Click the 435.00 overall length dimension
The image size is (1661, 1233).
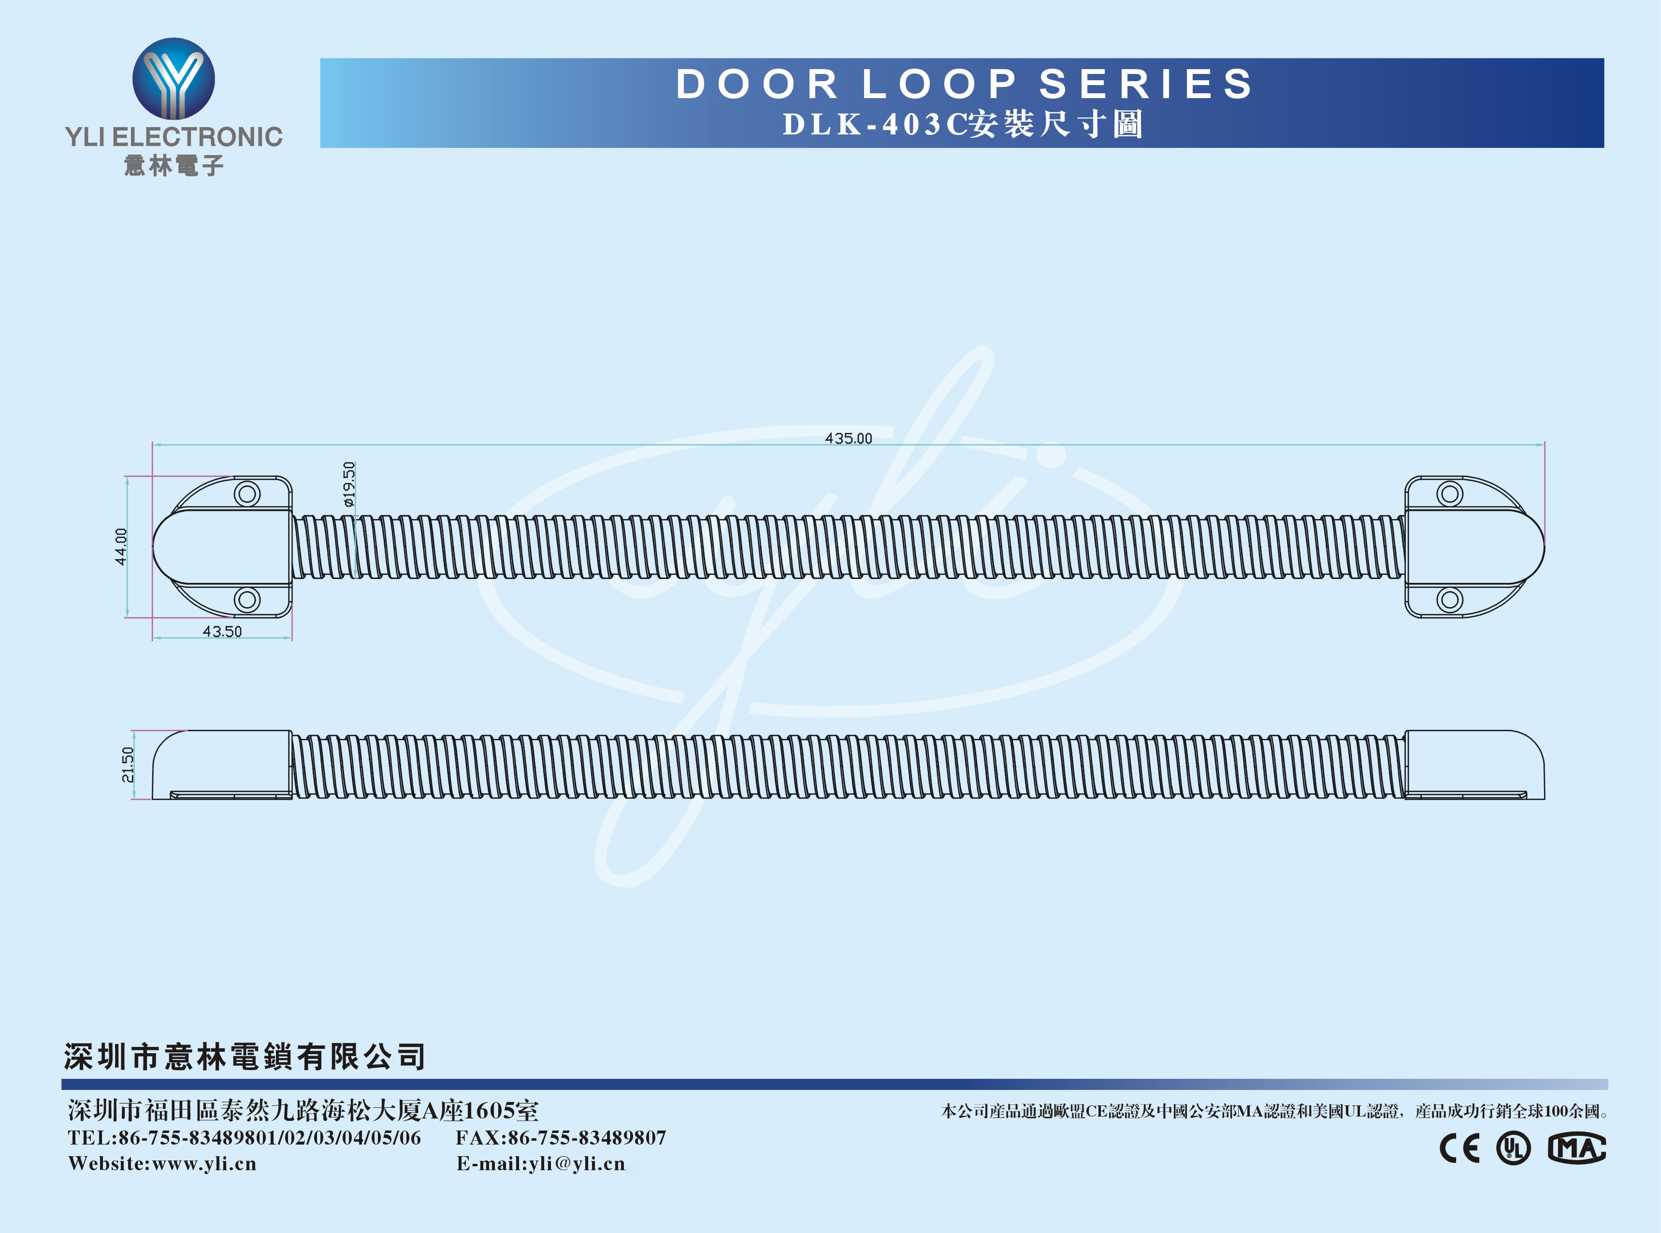tap(848, 438)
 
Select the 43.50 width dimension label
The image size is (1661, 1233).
tap(222, 631)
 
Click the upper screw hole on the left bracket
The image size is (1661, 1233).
tap(247, 493)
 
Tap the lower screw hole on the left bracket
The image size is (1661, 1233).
tap(247, 599)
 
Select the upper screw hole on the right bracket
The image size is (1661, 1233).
tap(1450, 493)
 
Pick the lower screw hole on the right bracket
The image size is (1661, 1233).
tap(1450, 599)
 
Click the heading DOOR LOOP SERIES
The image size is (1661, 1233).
tap(964, 84)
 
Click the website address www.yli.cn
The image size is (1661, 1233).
tap(204, 1163)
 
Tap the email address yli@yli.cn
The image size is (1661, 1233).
tap(577, 1163)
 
